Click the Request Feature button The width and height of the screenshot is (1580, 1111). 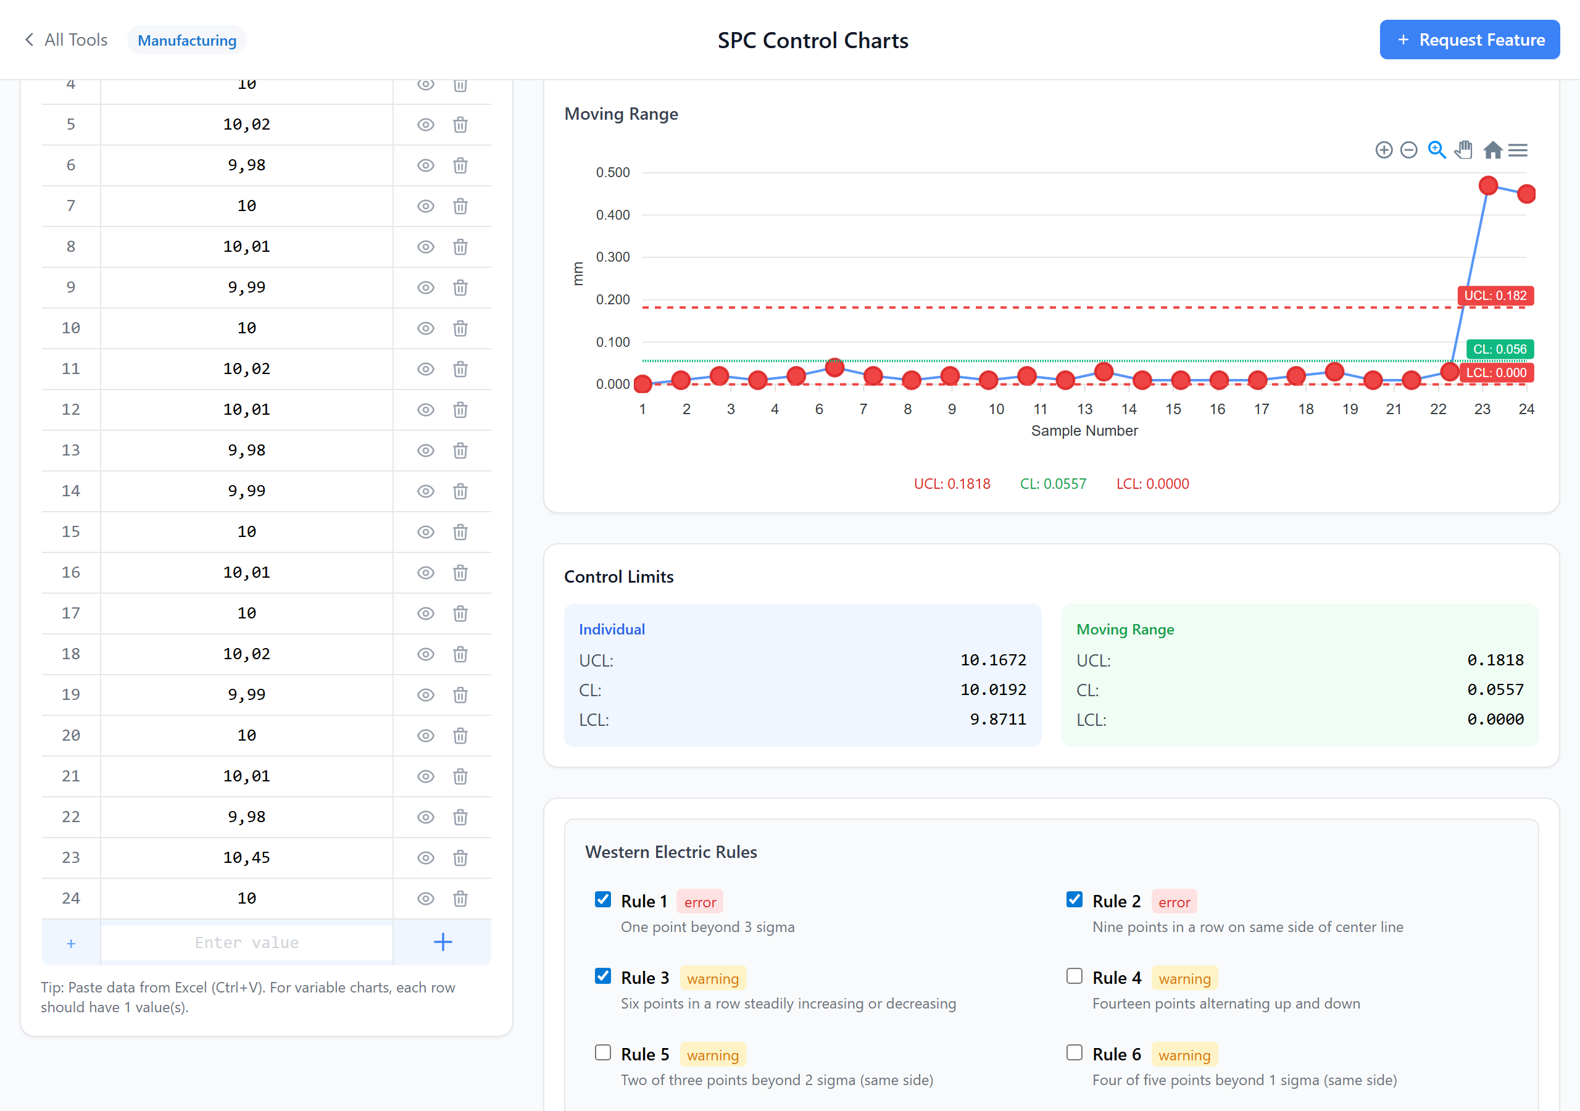(x=1468, y=40)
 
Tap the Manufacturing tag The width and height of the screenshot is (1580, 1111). (x=186, y=40)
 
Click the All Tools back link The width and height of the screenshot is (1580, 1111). (x=67, y=40)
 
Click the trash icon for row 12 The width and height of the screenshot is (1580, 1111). (x=460, y=410)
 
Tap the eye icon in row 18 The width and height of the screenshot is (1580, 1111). (x=425, y=654)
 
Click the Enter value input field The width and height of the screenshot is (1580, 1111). (x=246, y=942)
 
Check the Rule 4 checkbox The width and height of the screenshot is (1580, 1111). (x=1073, y=976)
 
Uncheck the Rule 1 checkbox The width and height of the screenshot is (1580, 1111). (x=603, y=900)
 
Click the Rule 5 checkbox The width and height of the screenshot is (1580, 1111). (x=603, y=1052)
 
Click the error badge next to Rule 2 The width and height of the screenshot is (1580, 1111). (x=1173, y=902)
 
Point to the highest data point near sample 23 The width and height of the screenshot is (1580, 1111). (x=1488, y=185)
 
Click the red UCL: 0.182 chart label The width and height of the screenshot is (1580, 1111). (x=1495, y=295)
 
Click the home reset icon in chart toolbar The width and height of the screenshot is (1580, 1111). (x=1492, y=150)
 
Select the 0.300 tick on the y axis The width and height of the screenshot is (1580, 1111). (x=612, y=257)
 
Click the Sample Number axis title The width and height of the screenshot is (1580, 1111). (x=1084, y=430)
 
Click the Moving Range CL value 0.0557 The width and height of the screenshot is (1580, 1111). (x=1495, y=689)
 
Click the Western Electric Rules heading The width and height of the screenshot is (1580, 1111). (x=670, y=852)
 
